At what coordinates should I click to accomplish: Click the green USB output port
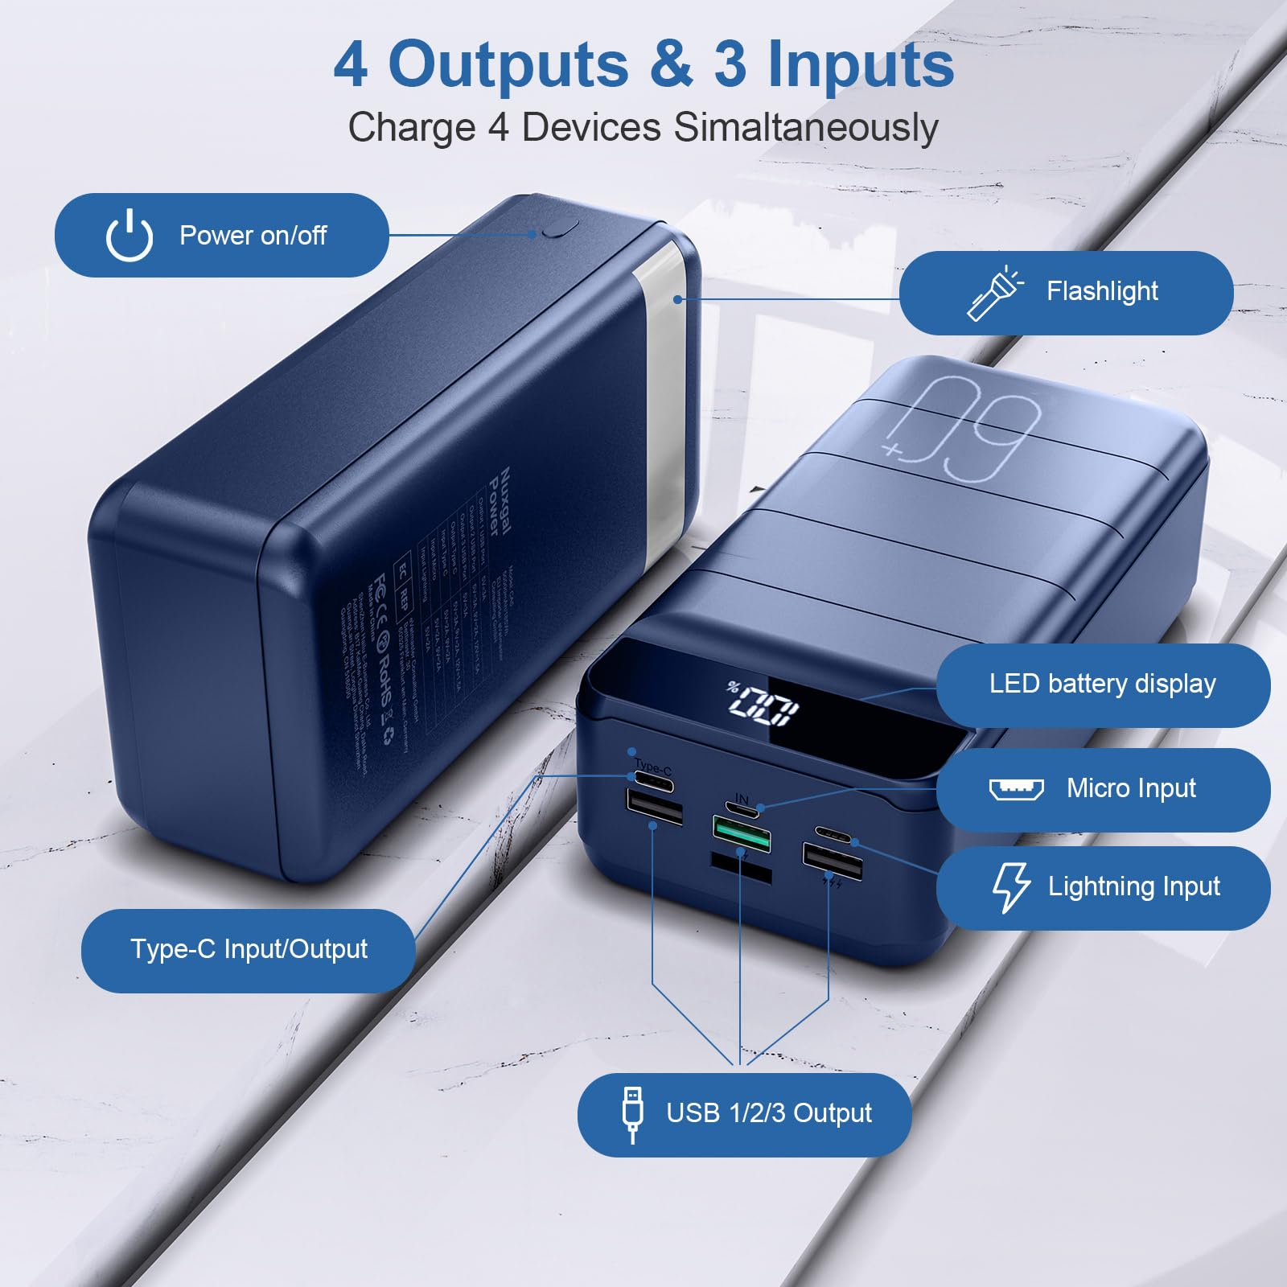[x=741, y=834]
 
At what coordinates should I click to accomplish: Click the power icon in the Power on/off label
[x=129, y=235]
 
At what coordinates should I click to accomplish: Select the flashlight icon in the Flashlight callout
[x=994, y=293]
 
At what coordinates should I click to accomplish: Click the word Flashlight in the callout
[x=1102, y=291]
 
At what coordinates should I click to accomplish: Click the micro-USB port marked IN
[x=743, y=807]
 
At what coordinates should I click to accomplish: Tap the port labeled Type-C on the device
[x=652, y=779]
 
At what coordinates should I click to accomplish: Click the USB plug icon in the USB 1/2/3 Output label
[x=633, y=1113]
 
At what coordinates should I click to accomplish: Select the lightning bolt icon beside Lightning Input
[x=1010, y=887]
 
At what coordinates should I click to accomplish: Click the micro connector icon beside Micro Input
[x=1016, y=789]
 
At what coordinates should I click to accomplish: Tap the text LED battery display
[x=1102, y=684]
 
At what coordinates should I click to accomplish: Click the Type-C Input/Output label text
[x=249, y=949]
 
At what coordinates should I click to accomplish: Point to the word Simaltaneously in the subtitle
[x=806, y=128]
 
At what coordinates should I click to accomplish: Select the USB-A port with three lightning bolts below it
[x=833, y=860]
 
